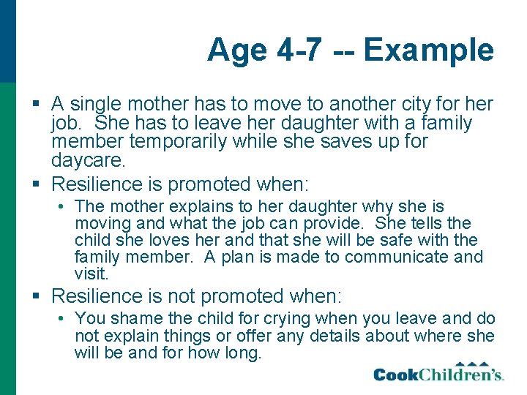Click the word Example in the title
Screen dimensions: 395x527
[x=429, y=50]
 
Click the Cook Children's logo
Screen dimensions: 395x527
[x=438, y=373]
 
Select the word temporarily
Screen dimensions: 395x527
[x=190, y=140]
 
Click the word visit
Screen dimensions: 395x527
[x=90, y=274]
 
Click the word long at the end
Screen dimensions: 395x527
[x=244, y=353]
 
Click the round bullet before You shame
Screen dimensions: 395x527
[x=64, y=319]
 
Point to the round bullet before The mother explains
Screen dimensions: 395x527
[x=64, y=207]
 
